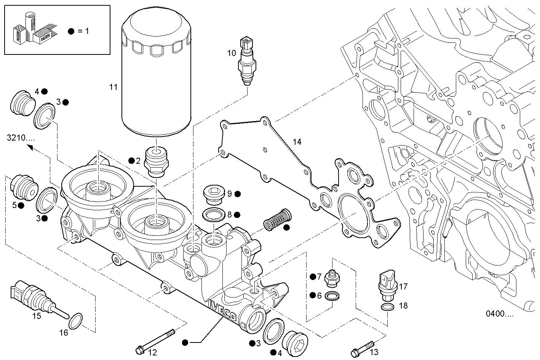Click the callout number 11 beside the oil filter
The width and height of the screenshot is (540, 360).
[x=113, y=87]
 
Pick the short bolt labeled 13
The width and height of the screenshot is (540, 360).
[x=362, y=347]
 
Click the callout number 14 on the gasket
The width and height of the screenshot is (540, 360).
[x=297, y=142]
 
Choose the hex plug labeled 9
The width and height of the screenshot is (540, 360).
[x=213, y=194]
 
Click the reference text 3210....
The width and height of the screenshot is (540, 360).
[x=21, y=138]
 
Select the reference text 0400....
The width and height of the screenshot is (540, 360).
[x=499, y=314]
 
